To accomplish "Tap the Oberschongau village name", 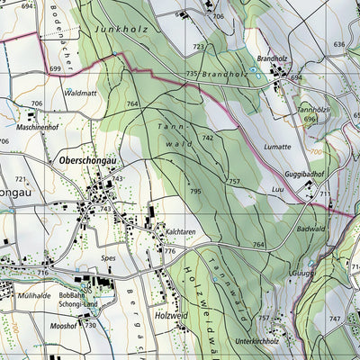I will pos(86,160).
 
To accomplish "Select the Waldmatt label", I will pos(80,93).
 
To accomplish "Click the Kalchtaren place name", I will pos(181,231).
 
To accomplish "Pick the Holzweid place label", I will pos(172,314).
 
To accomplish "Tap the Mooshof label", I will pos(64,325).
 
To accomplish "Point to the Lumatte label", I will pos(277,146).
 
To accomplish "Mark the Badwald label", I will pos(310,229).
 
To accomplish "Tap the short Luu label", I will pos(277,191).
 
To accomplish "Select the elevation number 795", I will pos(195,192).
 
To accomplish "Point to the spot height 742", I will pos(208,138).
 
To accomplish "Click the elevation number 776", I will pos(169,251).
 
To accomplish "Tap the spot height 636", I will pos(339,44).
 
